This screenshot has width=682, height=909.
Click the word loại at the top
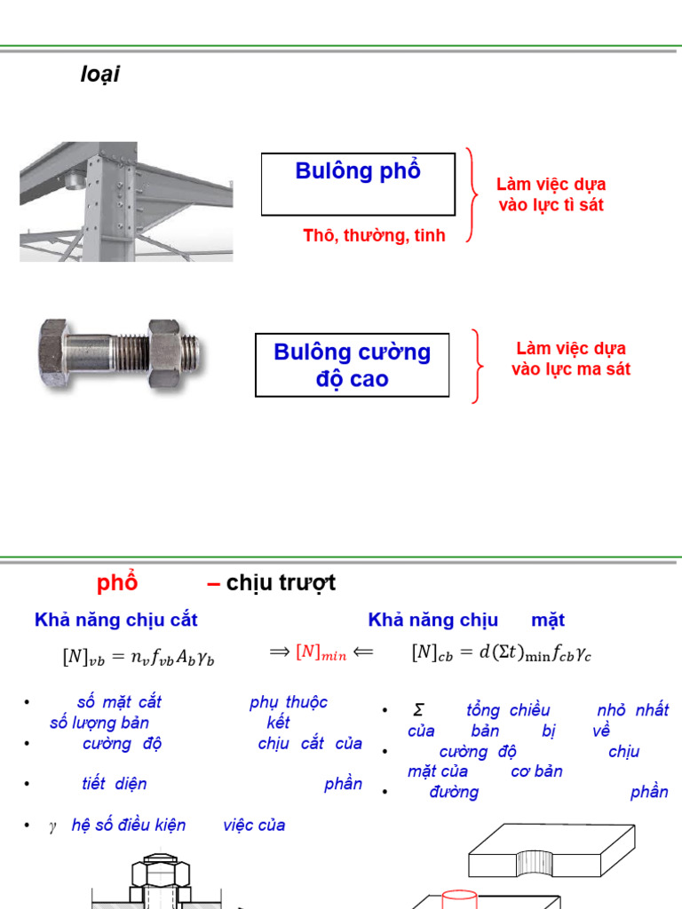[x=99, y=75]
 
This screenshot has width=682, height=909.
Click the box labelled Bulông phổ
[x=358, y=184]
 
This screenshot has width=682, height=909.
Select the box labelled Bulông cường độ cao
[x=353, y=365]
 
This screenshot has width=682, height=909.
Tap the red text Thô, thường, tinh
[x=374, y=235]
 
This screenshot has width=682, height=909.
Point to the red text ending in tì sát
[x=551, y=194]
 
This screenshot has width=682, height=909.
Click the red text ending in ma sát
[x=571, y=359]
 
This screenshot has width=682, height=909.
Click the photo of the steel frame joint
[x=125, y=202]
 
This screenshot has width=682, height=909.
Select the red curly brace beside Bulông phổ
[x=472, y=194]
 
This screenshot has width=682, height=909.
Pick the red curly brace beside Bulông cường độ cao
[x=479, y=365]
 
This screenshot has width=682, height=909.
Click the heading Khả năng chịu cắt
[x=116, y=620]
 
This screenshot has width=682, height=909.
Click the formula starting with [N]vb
[x=139, y=657]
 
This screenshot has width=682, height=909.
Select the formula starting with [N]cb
[x=501, y=652]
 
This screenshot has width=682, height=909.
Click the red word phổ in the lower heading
[x=117, y=583]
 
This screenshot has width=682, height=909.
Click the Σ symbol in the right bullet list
[x=417, y=710]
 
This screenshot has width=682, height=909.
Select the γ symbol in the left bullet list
[x=52, y=826]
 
